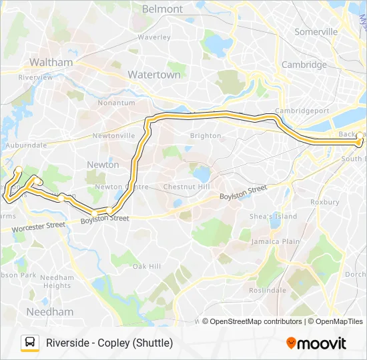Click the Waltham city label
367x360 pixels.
pyautogui.click(x=51, y=62)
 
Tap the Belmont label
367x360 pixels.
pyautogui.click(x=162, y=9)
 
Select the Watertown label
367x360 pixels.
pyautogui.click(x=154, y=75)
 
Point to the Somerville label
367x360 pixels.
pyautogui.click(x=316, y=31)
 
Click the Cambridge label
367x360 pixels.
pyautogui.click(x=304, y=65)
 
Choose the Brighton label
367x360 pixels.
pyautogui.click(x=206, y=135)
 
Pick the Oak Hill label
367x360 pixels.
pyautogui.click(x=146, y=266)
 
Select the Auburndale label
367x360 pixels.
pyautogui.click(x=26, y=145)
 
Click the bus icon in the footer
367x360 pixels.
pyautogui.click(x=29, y=343)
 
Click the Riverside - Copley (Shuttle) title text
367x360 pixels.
pyautogui.click(x=109, y=343)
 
